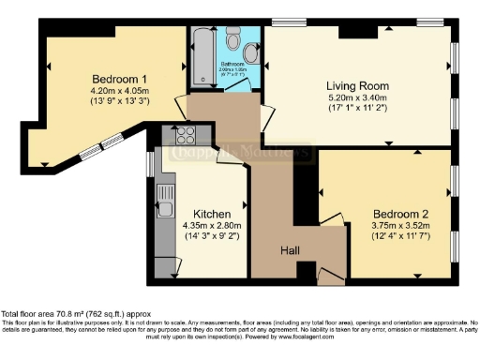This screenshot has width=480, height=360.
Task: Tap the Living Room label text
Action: tap(356, 85)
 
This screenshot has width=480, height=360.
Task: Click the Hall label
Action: tap(292, 249)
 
